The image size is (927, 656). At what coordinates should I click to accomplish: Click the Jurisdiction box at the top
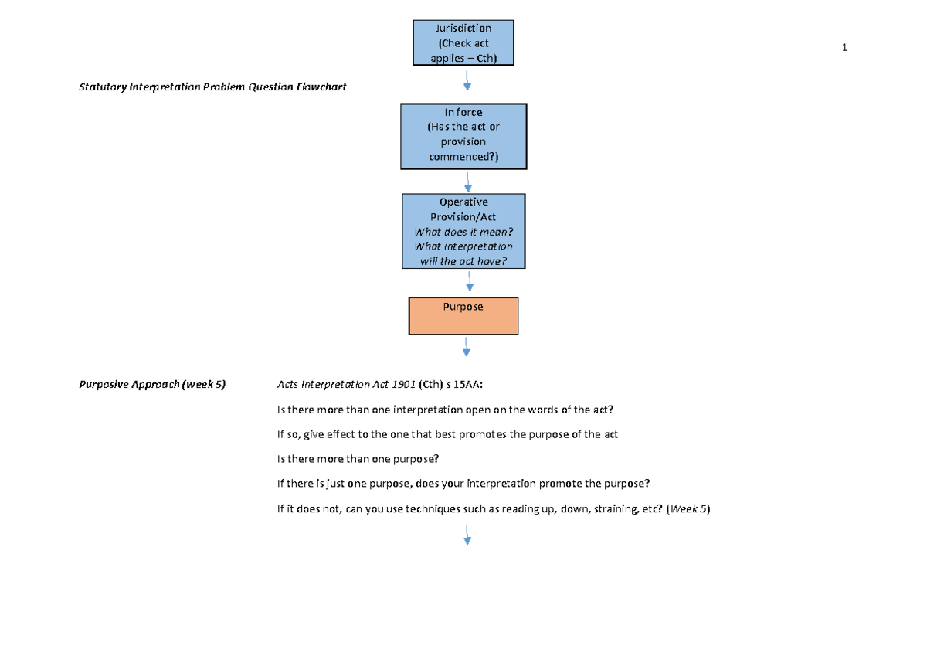463,42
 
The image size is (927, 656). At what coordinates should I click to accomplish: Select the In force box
463,136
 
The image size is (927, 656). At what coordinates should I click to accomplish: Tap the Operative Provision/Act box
463,231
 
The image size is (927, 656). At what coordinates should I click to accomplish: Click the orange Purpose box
463,316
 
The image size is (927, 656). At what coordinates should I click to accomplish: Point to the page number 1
844,48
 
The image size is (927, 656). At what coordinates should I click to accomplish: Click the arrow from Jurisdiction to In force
467,80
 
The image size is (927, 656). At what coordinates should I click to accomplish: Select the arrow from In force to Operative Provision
468,182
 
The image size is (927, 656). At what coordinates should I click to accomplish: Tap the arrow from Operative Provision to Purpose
470,283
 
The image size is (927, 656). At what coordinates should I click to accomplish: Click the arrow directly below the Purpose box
467,347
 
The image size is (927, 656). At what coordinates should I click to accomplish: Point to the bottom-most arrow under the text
467,535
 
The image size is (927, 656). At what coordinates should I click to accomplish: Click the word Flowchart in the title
321,87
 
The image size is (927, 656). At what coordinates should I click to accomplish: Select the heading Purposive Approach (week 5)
152,384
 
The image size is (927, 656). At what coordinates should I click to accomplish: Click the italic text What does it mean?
463,232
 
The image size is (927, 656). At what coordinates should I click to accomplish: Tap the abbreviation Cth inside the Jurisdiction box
484,58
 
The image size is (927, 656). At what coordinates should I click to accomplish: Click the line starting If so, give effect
447,434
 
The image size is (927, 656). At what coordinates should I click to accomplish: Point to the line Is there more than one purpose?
358,459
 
